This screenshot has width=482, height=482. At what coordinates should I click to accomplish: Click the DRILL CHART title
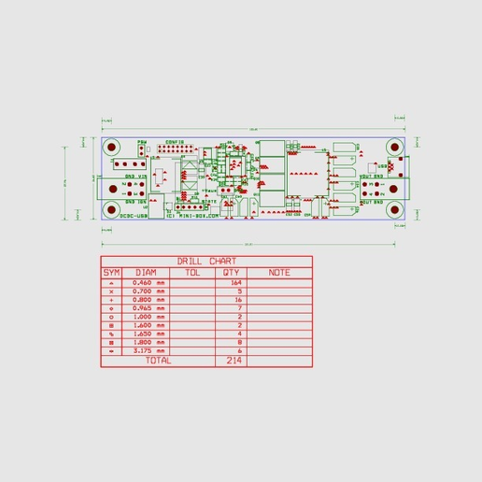click(206, 262)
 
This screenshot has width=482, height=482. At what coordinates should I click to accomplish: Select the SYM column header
click(112, 273)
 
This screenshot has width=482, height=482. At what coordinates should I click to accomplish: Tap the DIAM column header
click(147, 273)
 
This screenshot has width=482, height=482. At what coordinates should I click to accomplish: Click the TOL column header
click(193, 273)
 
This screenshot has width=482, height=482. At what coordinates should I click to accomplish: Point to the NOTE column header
click(279, 273)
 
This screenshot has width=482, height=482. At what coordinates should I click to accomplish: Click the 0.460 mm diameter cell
click(148, 282)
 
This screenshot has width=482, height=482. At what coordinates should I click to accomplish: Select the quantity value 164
click(235, 282)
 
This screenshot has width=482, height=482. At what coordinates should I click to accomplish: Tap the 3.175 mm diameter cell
click(148, 350)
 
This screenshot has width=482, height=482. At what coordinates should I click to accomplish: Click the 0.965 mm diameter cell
click(148, 307)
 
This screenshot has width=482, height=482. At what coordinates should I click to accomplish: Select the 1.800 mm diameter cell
click(148, 342)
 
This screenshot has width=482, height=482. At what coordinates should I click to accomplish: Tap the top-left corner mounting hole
click(111, 148)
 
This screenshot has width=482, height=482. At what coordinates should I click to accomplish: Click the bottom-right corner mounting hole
click(394, 210)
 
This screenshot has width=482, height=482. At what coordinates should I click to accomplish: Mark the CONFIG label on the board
click(175, 142)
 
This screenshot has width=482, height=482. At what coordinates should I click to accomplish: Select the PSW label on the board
click(142, 142)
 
